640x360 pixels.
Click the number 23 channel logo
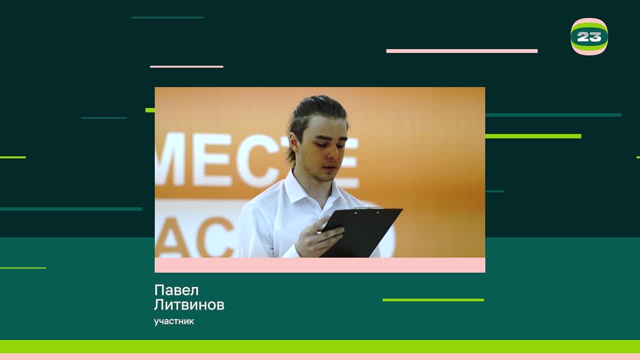pyautogui.click(x=589, y=36)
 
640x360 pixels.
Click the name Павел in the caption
pyautogui.click(x=176, y=290)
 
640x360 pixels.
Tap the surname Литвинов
pyautogui.click(x=189, y=304)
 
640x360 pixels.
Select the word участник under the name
pyautogui.click(x=174, y=321)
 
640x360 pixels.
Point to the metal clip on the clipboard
pyautogui.click(x=367, y=208)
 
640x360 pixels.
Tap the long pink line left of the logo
pyautogui.click(x=461, y=51)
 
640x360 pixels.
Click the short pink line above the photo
pyautogui.click(x=186, y=66)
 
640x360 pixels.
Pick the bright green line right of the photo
pyautogui.click(x=532, y=136)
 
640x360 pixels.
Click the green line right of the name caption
pyautogui.click(x=433, y=300)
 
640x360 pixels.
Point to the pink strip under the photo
pyautogui.click(x=319, y=265)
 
